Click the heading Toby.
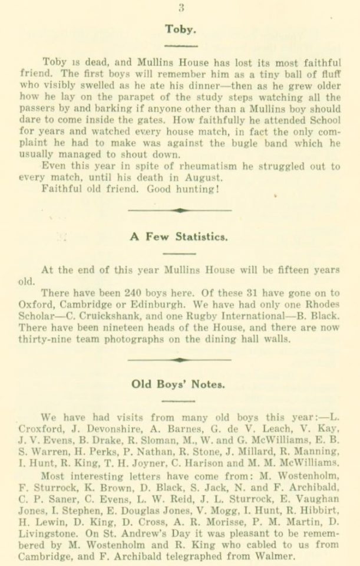181,28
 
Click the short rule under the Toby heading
180,45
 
